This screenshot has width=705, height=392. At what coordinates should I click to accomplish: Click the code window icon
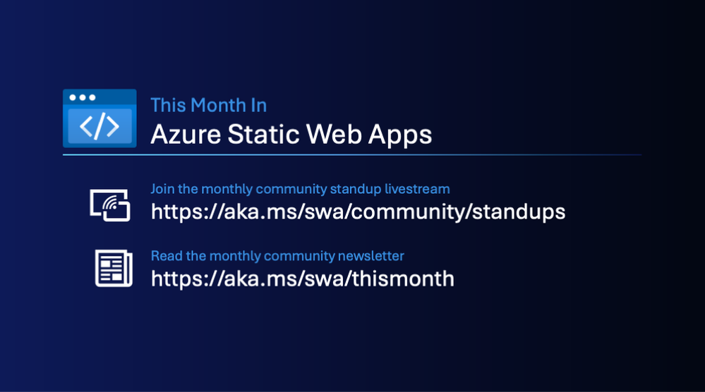100,118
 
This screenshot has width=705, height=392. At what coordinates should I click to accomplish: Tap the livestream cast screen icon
110,205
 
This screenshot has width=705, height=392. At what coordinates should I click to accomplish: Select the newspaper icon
114,268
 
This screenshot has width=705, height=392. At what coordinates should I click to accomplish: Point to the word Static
263,134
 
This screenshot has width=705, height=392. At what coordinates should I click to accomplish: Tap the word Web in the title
334,134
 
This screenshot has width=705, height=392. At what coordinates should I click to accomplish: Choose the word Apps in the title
400,135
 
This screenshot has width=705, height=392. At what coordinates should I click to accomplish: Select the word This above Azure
168,105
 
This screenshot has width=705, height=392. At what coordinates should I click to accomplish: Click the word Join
162,189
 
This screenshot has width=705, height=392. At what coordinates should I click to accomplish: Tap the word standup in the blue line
356,190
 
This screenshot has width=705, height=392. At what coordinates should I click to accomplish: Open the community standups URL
358,212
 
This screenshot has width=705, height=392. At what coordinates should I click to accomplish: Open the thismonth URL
303,278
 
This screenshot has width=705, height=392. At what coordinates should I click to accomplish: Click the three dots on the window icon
83,97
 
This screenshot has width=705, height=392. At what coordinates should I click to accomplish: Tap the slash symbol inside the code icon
100,125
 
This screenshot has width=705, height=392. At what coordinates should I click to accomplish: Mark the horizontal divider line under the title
352,155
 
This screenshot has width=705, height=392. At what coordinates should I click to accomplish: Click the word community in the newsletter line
299,257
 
